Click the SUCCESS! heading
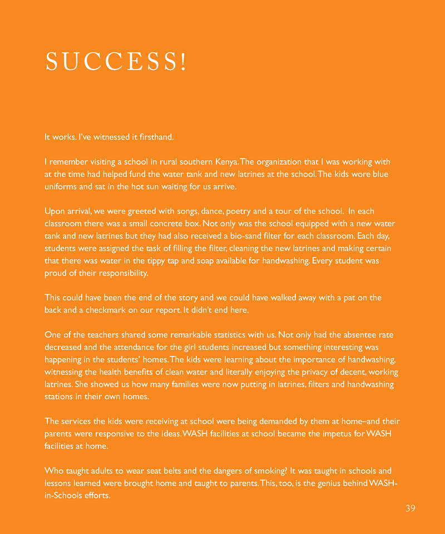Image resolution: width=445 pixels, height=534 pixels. (x=116, y=62)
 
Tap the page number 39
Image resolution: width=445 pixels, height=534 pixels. (x=411, y=508)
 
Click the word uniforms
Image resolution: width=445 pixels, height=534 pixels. (x=62, y=187)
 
